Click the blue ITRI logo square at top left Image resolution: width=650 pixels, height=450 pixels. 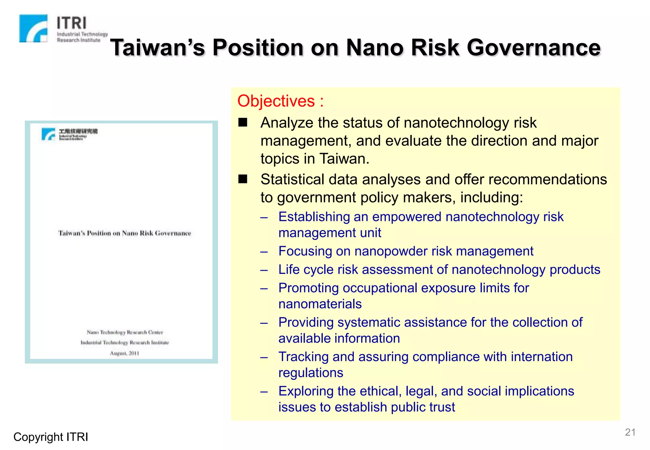click(33, 28)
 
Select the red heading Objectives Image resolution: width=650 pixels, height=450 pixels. click(276, 101)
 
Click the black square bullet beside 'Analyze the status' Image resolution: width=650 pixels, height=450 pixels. click(243, 122)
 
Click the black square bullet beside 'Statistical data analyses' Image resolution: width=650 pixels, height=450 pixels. click(243, 179)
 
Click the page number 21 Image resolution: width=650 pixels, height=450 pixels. click(630, 432)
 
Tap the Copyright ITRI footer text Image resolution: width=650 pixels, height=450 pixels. click(51, 437)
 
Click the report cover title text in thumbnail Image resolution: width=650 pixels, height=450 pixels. click(125, 233)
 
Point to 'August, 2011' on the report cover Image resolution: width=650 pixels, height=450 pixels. click(124, 353)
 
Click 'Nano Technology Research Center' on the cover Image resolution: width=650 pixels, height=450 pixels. click(125, 332)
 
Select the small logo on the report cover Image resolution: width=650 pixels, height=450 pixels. click(48, 134)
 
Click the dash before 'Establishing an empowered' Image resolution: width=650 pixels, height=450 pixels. click(264, 218)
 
